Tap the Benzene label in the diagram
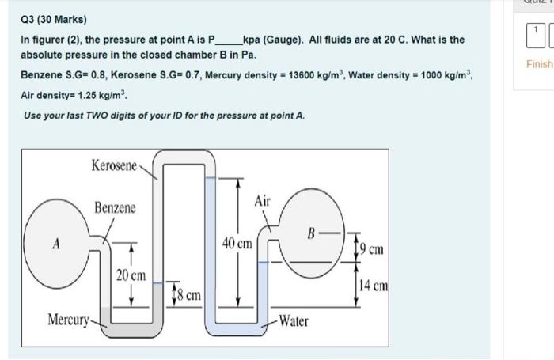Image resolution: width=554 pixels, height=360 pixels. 115,208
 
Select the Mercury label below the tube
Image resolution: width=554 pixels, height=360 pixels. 69,320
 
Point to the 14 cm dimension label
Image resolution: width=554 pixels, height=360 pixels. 374,286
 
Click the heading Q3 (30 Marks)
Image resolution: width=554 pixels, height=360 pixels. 55,19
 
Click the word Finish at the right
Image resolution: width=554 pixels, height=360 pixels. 541,64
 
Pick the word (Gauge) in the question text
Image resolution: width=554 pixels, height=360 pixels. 290,39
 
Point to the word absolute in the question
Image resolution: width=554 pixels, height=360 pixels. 40,56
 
